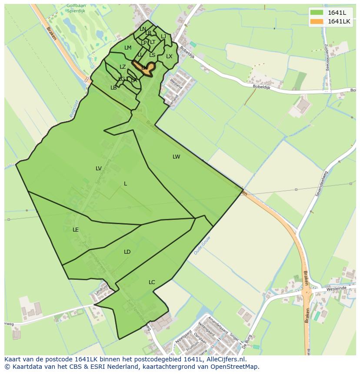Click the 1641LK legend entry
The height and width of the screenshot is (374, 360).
pyautogui.click(x=339, y=21)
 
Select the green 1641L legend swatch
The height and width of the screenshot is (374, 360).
pyautogui.click(x=317, y=13)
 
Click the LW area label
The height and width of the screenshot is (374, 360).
pyautogui.click(x=176, y=157)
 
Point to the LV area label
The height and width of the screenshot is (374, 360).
pyautogui.click(x=99, y=169)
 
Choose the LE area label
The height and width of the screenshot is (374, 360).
pyautogui.click(x=76, y=230)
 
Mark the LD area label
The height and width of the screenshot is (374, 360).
pyautogui.click(x=127, y=252)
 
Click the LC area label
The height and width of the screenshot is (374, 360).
pyautogui.click(x=152, y=282)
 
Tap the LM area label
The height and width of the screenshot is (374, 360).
pyautogui.click(x=128, y=48)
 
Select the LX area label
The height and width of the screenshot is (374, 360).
pyautogui.click(x=169, y=56)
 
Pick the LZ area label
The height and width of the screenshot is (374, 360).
pyautogui.click(x=123, y=67)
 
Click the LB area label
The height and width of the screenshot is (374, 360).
pyautogui.click(x=113, y=88)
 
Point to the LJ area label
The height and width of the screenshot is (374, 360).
pyautogui.click(x=163, y=36)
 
